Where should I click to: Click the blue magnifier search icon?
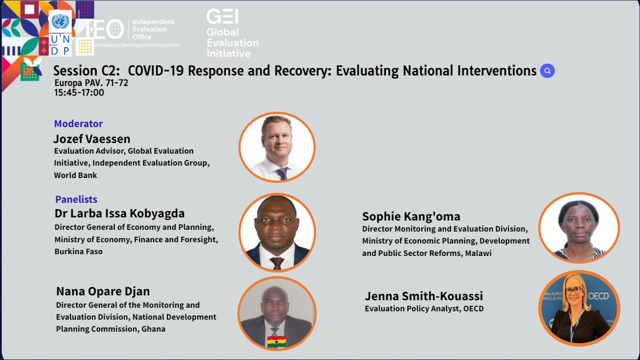tap(547, 71)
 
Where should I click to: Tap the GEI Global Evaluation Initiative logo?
tap(232, 33)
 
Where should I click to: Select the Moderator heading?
tap(78, 124)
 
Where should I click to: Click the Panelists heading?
tap(76, 199)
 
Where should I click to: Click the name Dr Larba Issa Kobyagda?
tap(119, 214)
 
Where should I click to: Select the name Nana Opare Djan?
tap(103, 291)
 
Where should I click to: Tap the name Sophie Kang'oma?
tap(411, 216)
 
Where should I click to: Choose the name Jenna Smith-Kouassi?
tap(424, 296)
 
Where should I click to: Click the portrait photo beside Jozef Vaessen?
tap(277, 147)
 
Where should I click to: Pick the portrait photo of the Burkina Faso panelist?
tap(277, 233)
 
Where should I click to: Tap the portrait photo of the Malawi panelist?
tap(579, 227)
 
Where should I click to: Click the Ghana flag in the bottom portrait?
tap(276, 341)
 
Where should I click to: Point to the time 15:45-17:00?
tap(79, 93)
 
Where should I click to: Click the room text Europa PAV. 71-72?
tap(91, 83)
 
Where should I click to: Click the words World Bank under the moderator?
tap(75, 175)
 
